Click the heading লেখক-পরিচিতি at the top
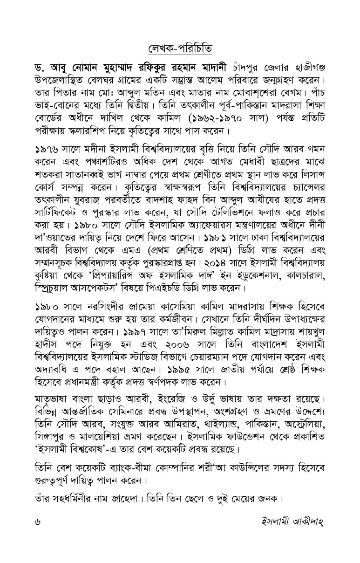180,48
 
